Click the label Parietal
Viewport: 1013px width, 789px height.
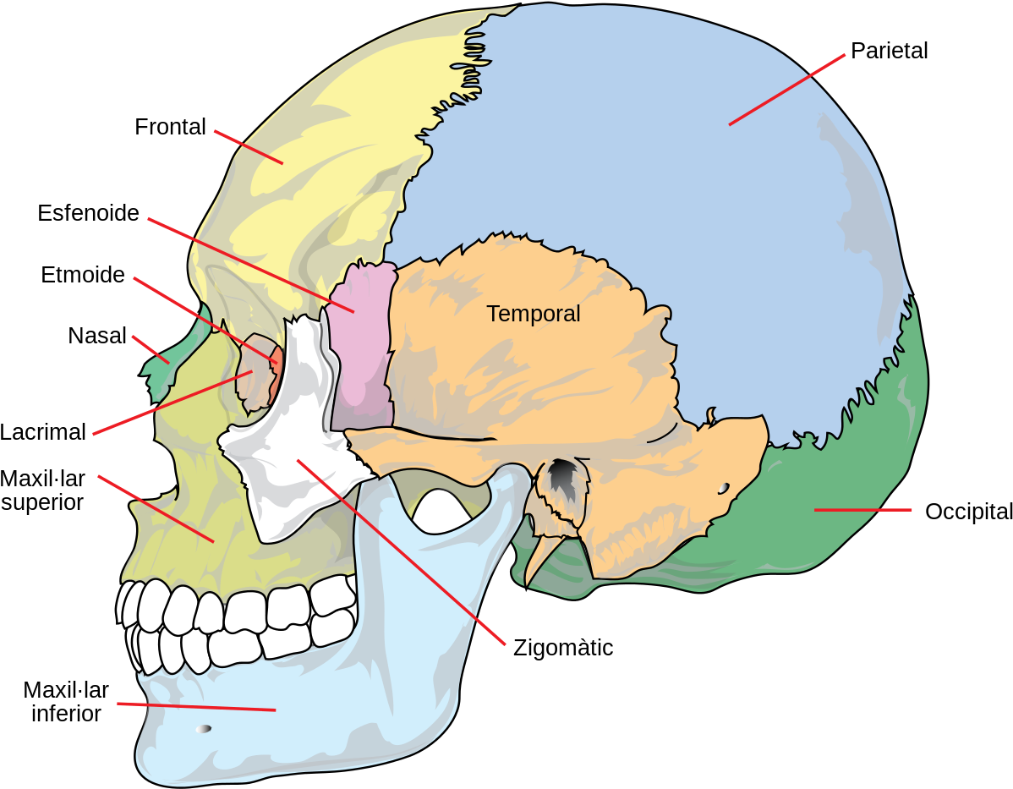click(889, 51)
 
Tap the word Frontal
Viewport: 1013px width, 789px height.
click(170, 127)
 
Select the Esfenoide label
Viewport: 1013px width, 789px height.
click(89, 212)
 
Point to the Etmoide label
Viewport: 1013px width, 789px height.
click(83, 275)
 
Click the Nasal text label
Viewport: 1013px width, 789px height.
click(97, 336)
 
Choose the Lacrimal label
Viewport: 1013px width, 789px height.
click(42, 431)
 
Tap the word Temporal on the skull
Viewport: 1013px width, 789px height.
click(534, 314)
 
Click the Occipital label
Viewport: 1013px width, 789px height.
click(968, 511)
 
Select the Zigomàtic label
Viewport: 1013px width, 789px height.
click(562, 648)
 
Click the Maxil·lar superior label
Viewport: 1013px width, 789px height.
click(42, 490)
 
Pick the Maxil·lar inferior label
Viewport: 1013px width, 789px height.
click(66, 702)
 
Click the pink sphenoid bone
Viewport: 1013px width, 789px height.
click(363, 346)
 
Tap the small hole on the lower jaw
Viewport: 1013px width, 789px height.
click(204, 729)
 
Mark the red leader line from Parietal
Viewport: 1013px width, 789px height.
click(787, 90)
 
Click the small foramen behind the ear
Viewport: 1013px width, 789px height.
click(724, 488)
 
